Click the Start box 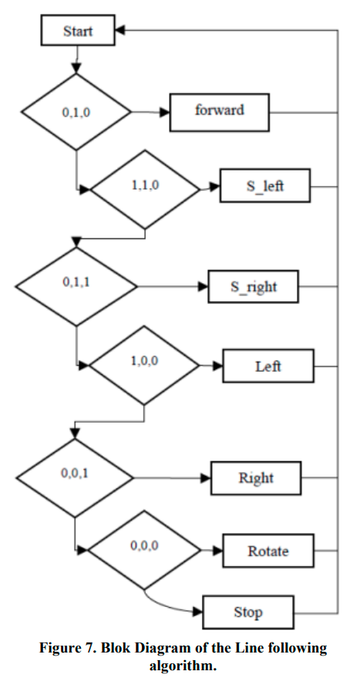pyautogui.click(x=78, y=30)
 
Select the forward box pyautogui.click(x=219, y=113)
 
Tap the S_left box pyautogui.click(x=265, y=186)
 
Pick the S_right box pyautogui.click(x=253, y=286)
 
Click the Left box pyautogui.click(x=268, y=366)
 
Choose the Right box pyautogui.click(x=256, y=478)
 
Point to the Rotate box pyautogui.click(x=268, y=551)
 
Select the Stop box pyautogui.click(x=248, y=612)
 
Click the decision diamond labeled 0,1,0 pyautogui.click(x=76, y=112)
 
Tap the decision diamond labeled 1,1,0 pyautogui.click(x=145, y=190)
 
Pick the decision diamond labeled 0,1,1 pyautogui.click(x=76, y=286)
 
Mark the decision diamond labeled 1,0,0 pyautogui.click(x=144, y=365)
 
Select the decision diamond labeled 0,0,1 pyautogui.click(x=75, y=478)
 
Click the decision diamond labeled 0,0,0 pyautogui.click(x=144, y=550)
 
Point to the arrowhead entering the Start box pyautogui.click(x=120, y=30)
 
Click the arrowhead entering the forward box pyautogui.click(x=165, y=113)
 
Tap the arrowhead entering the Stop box pyautogui.click(x=198, y=612)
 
